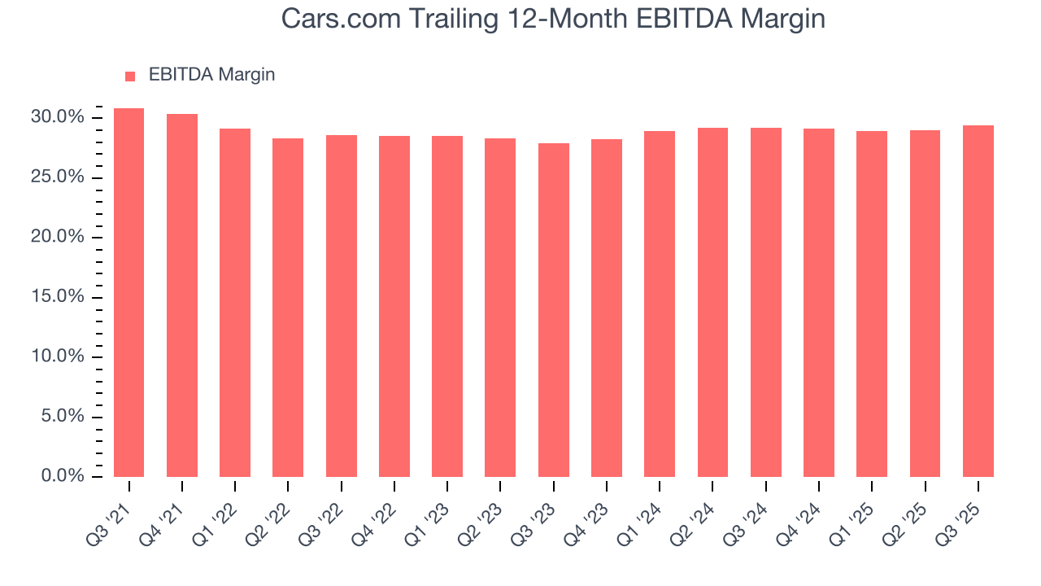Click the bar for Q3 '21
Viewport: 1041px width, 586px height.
point(128,293)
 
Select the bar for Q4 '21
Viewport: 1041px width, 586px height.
point(182,295)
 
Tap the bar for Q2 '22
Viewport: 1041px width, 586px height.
point(288,308)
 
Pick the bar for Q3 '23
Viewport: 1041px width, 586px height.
point(553,310)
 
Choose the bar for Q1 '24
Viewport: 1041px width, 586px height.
point(660,304)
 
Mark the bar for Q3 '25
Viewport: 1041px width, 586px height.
point(978,301)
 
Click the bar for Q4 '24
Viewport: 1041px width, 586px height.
point(819,303)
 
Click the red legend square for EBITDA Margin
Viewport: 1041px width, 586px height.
point(130,76)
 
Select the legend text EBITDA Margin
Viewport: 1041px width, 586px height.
point(211,75)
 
